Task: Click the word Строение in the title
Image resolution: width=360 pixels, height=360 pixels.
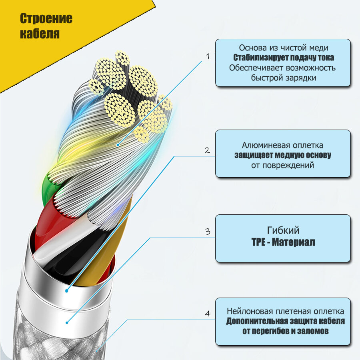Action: coord(46,19)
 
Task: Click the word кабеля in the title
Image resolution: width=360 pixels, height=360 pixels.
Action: coord(40,34)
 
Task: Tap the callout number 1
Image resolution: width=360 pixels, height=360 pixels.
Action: coord(207,56)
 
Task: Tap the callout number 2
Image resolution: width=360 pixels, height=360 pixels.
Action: coord(207,150)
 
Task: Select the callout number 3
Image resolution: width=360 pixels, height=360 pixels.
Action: coord(207,232)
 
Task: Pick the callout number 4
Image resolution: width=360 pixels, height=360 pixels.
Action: coord(207,314)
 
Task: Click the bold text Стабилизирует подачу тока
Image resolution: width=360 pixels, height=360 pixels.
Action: coord(284,57)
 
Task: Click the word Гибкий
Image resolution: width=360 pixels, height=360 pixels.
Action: coord(283,230)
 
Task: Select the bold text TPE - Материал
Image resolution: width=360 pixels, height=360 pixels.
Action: coord(283,242)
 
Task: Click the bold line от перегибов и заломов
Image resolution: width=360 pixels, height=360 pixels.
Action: coord(285,331)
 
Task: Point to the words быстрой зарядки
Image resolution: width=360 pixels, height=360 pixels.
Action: coord(284,78)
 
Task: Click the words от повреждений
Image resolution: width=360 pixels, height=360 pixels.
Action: coord(283,165)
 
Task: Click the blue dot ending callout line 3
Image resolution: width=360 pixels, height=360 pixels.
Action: coord(67,322)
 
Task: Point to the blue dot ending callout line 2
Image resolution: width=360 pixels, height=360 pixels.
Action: coord(67,291)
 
